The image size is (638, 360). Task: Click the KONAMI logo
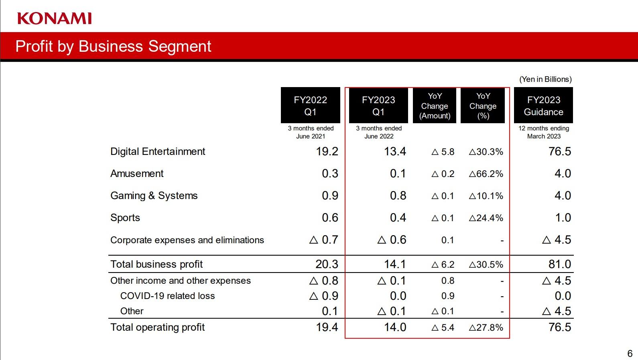[55, 18]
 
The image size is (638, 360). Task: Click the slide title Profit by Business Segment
[113, 46]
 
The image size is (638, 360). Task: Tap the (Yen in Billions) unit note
[545, 79]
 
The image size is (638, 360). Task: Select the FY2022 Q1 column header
[310, 106]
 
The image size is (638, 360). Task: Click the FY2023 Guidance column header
[543, 106]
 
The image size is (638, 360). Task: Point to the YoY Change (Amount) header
[435, 106]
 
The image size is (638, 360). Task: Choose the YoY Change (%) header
[483, 106]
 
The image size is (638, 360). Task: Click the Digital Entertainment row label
[158, 152]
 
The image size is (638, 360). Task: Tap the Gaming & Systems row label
[154, 196]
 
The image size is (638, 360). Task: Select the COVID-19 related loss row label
[167, 296]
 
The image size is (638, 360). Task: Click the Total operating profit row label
[157, 327]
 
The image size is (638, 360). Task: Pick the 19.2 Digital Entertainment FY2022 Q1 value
[327, 152]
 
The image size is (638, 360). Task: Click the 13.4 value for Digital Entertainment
[395, 152]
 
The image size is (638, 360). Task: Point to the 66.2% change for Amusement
[486, 174]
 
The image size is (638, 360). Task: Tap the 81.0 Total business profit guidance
[559, 264]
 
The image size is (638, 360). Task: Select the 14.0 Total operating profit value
[395, 327]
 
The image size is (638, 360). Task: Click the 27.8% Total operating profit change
[486, 327]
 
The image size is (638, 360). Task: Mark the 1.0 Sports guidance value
[563, 218]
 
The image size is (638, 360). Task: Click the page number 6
[630, 354]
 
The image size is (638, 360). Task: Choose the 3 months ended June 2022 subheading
[379, 132]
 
